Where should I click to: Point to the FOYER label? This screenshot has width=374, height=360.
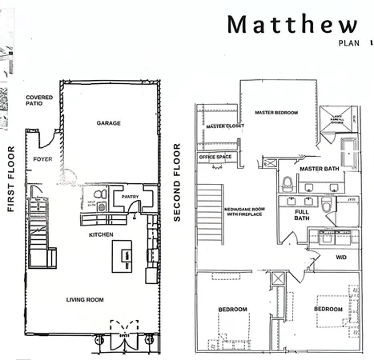[x=42, y=159]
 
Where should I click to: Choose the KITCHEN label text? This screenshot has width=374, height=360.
[x=101, y=234]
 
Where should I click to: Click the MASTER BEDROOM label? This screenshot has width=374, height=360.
[x=276, y=113]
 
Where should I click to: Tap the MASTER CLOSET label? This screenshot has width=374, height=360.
[x=224, y=126]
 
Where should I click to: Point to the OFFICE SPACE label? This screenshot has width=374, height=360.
[x=216, y=157]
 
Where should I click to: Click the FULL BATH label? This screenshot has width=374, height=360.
[x=301, y=215]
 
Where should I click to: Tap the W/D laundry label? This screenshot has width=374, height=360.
[x=340, y=257]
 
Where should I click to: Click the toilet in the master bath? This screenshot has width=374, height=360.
[x=288, y=182]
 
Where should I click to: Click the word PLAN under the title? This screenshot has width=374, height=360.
[x=348, y=44]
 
